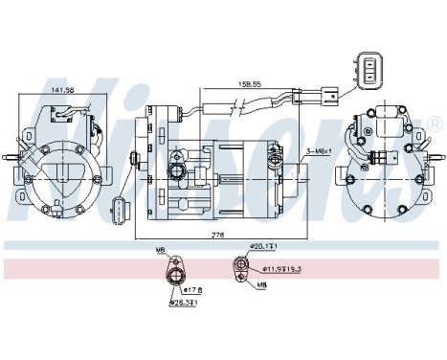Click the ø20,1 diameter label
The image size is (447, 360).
point(262,246)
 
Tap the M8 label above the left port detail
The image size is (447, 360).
point(160,251)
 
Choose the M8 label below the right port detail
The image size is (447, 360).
point(260,283)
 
